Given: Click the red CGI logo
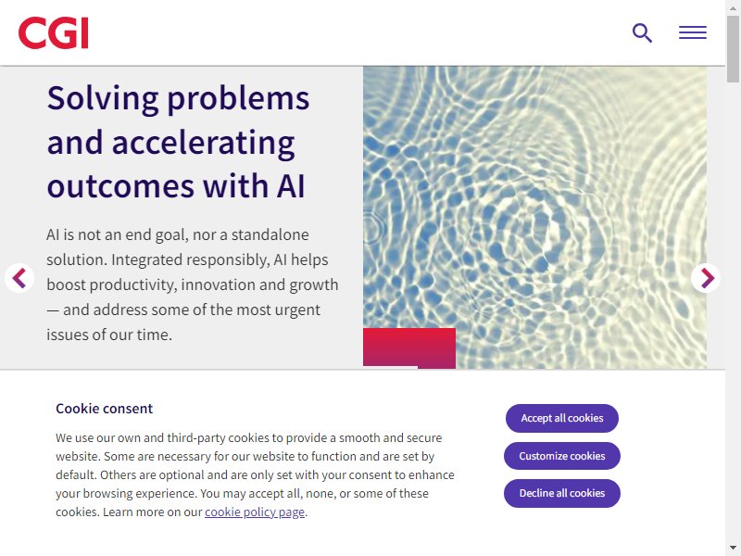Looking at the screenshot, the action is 54,32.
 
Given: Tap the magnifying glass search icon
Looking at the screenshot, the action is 642,33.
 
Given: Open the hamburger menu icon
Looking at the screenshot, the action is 693,32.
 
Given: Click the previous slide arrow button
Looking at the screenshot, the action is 19,278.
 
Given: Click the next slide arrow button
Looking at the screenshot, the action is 706,278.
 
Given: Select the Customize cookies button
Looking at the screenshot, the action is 562,456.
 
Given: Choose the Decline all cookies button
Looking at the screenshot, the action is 562,493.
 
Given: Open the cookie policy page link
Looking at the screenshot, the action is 255,512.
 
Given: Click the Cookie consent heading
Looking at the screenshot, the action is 104,409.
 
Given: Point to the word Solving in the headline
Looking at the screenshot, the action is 103,100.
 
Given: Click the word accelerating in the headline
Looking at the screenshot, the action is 203,144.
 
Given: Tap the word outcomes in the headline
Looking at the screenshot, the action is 120,186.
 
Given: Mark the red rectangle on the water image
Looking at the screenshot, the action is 409,348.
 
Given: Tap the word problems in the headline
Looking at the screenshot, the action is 238,100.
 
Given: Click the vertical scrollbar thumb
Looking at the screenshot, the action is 733,49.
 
